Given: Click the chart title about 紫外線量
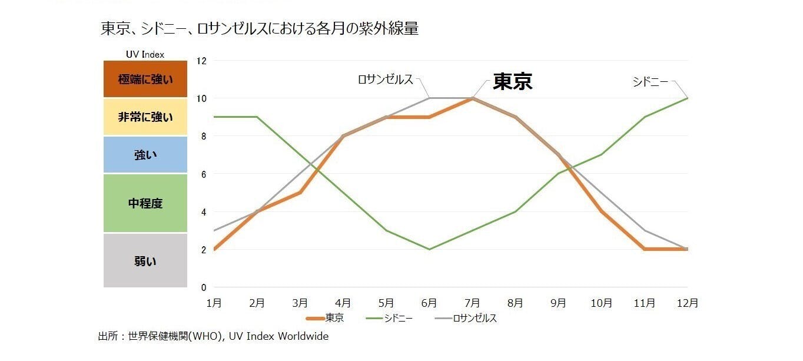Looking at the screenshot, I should [260, 29].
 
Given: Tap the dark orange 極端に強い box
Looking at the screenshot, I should [145, 79].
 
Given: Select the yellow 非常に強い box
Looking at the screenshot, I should [145, 117].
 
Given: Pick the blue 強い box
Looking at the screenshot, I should [145, 155].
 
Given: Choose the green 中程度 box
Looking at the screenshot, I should [145, 203].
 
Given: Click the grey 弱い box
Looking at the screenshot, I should [145, 261].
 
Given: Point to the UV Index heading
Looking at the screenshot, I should [145, 54].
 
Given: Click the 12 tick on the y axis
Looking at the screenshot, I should [201, 61].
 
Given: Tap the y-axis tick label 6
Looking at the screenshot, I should [204, 174].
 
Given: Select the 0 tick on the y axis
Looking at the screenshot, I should [204, 287].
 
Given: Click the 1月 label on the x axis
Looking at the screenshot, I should [214, 303].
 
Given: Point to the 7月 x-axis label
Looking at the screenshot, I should [472, 303].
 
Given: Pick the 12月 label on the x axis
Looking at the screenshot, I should [687, 303].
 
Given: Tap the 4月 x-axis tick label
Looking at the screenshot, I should [343, 303].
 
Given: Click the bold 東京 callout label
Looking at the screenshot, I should [512, 81].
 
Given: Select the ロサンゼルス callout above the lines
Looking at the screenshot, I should [386, 80].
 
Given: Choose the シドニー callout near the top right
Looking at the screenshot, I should [651, 82].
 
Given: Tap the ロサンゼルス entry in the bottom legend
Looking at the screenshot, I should [474, 319].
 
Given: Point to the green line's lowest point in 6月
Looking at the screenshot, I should [429, 249].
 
